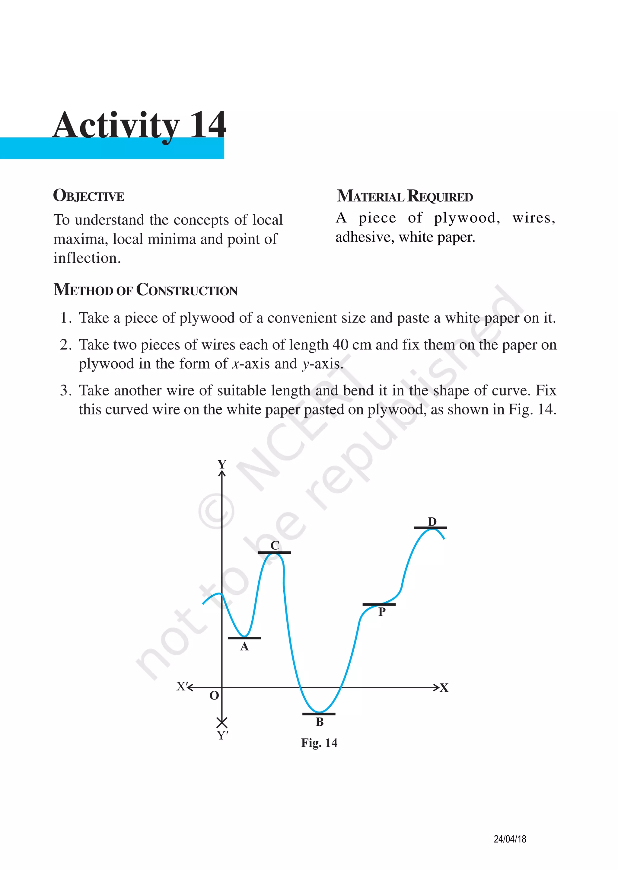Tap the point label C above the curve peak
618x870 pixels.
[x=275, y=545]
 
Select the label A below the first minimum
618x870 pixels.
[x=244, y=646]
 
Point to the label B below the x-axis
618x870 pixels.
[x=320, y=721]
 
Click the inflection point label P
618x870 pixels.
[x=382, y=612]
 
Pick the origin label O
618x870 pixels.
[x=214, y=696]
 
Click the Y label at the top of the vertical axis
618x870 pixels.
[x=222, y=464]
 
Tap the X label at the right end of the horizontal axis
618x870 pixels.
[x=444, y=688]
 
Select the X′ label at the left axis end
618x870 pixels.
[x=182, y=686]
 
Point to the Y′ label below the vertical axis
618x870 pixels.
[x=223, y=735]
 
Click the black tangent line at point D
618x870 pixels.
[x=430, y=528]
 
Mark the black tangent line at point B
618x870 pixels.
[x=319, y=714]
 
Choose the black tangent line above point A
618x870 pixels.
[x=244, y=638]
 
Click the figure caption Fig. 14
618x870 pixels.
[x=319, y=743]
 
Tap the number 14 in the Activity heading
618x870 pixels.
[x=207, y=125]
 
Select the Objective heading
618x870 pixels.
[x=89, y=196]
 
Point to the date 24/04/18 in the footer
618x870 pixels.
[x=510, y=839]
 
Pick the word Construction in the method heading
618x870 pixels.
[x=187, y=290]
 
